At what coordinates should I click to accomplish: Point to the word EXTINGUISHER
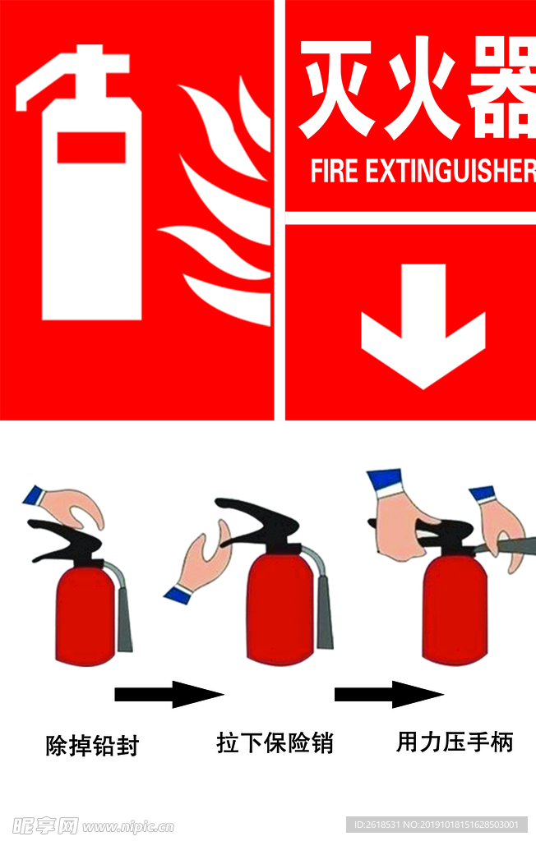tap(451, 171)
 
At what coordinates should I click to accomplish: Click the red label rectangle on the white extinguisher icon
tap(91, 147)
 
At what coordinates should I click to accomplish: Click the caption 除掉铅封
tap(92, 746)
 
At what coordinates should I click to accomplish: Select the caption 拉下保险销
tap(275, 742)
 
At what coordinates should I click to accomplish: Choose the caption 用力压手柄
tap(455, 742)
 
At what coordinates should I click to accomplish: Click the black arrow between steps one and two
tap(169, 694)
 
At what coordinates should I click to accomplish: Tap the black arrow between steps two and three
tap(389, 694)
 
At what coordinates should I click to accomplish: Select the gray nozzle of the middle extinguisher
tap(323, 611)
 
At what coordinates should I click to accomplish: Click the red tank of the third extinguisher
tap(455, 610)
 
